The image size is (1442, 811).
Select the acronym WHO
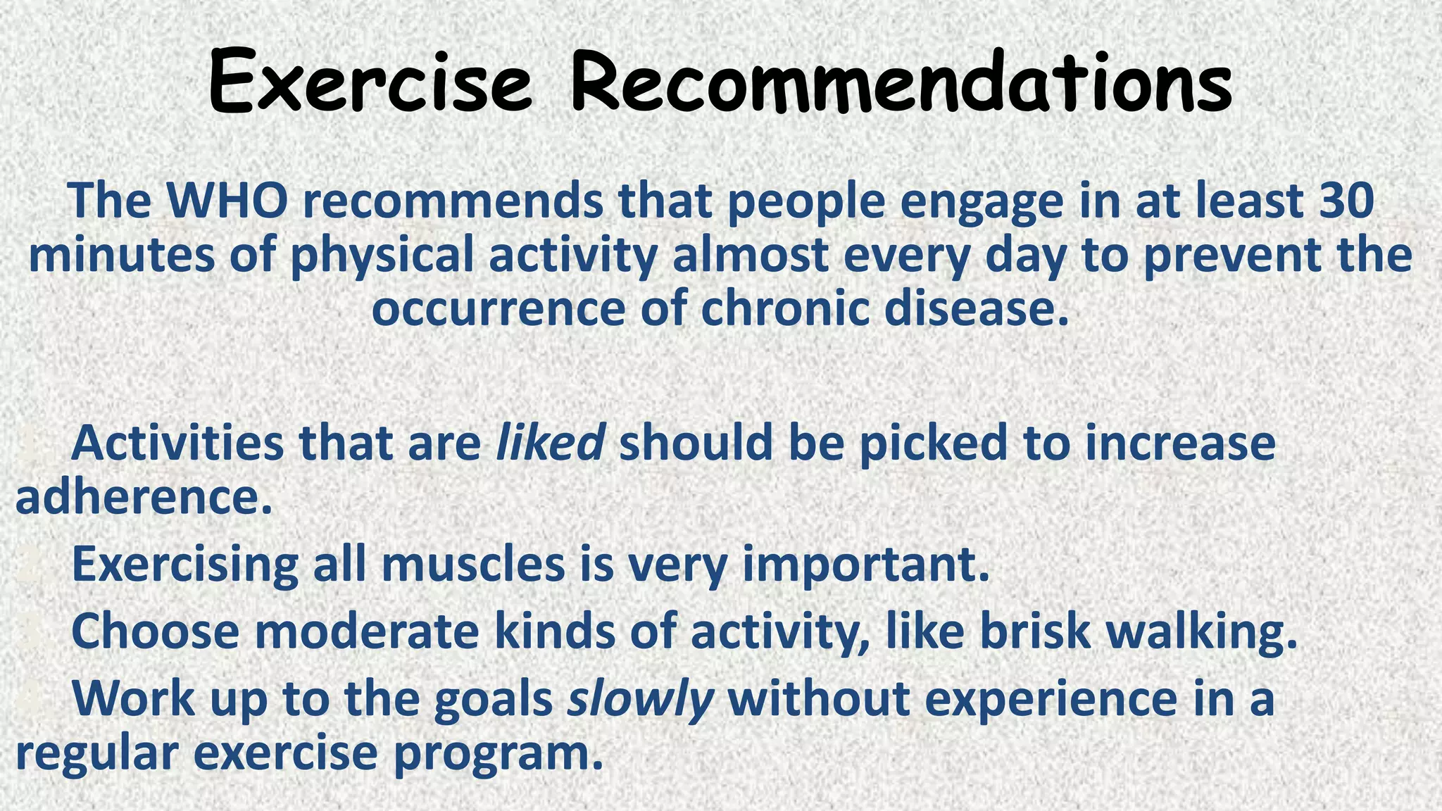tap(226, 201)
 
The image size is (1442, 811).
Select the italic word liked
tap(550, 444)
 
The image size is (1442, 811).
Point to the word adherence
tap(144, 498)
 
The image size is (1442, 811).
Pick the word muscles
tap(473, 565)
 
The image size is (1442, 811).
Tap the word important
tap(866, 566)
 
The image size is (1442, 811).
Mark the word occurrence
tap(499, 310)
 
